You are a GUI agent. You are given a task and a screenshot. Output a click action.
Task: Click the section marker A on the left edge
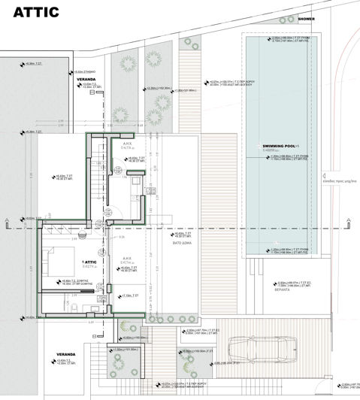(5, 223)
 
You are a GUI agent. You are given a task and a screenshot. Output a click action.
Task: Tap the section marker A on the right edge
(349, 223)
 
